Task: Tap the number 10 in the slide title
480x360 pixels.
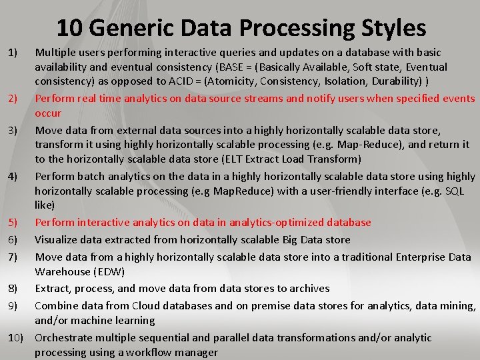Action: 69,27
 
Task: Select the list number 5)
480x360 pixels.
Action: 13,222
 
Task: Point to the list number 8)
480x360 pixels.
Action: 13,288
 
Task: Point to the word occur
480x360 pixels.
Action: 48,113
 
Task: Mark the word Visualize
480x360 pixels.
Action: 57,239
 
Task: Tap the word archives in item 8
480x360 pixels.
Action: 307,288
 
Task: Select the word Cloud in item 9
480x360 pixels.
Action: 146,305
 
